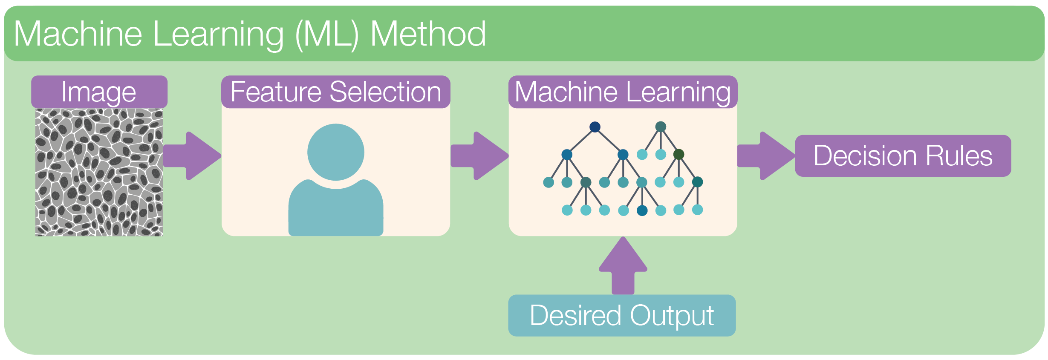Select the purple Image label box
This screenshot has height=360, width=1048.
99,92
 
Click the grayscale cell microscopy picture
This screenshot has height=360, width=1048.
99,172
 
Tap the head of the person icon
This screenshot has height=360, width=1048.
336,152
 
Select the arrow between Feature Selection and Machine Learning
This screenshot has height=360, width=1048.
480,156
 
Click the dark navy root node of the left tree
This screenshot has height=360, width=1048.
595,127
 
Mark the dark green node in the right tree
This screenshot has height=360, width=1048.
679,154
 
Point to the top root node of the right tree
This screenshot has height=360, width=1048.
661,127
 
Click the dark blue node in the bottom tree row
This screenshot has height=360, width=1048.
642,210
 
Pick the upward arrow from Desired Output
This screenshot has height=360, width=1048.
623,266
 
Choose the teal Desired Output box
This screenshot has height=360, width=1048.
622,316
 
